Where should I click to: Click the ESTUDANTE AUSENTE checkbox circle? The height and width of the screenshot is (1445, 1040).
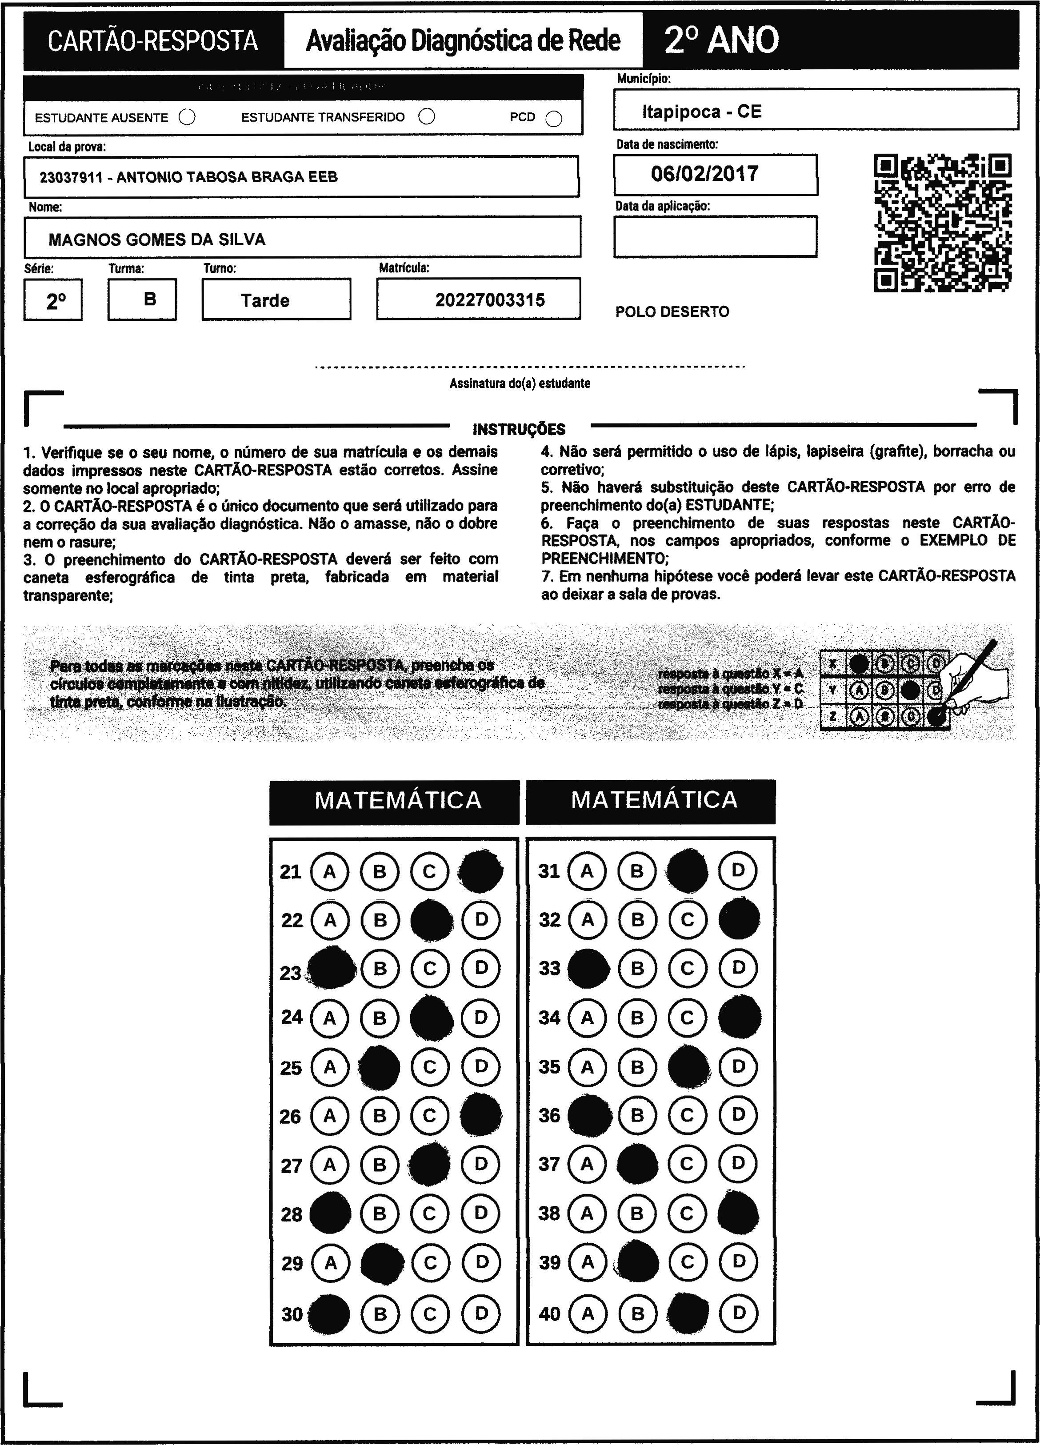(x=188, y=117)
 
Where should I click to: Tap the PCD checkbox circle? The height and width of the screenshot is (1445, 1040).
(x=554, y=119)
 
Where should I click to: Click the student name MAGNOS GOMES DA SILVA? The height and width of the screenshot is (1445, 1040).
(x=157, y=240)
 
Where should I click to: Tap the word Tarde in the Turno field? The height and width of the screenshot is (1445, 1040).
(x=265, y=301)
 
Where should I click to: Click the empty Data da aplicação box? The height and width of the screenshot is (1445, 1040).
(x=715, y=236)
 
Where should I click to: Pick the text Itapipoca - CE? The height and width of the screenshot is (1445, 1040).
(x=702, y=112)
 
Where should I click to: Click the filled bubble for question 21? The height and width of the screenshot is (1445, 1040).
(x=480, y=870)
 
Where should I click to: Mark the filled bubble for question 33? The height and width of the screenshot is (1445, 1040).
(x=588, y=968)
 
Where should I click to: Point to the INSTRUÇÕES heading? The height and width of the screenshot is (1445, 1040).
(x=519, y=429)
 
